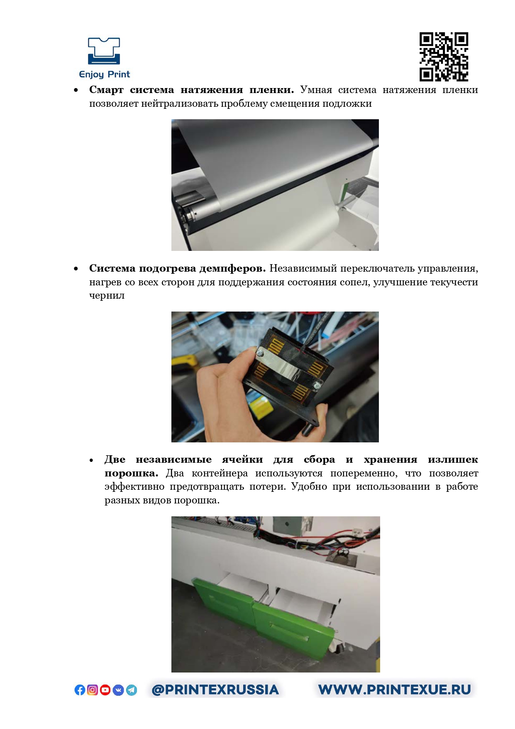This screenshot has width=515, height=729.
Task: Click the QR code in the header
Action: tap(444, 56)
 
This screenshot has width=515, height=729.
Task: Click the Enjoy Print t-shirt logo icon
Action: tap(104, 51)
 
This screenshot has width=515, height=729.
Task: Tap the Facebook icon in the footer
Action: tap(80, 690)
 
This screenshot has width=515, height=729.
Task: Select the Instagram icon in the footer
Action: tap(93, 690)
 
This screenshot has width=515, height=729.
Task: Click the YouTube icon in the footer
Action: tap(105, 690)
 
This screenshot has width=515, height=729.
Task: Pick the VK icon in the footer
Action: tap(118, 690)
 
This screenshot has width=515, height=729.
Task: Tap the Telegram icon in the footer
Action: tap(132, 690)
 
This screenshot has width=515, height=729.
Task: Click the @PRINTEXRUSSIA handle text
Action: tap(215, 690)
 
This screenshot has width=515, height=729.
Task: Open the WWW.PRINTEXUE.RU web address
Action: tap(395, 690)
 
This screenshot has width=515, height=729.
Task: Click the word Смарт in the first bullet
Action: tap(106, 90)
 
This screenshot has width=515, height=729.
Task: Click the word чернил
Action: tap(107, 295)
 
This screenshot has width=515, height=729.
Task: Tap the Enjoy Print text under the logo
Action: tap(105, 74)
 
